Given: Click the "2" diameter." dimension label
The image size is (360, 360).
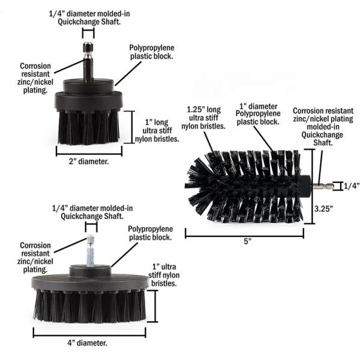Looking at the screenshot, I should pyautogui.click(x=89, y=161).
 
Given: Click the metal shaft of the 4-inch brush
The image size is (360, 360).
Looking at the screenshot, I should pyautogui.click(x=91, y=251).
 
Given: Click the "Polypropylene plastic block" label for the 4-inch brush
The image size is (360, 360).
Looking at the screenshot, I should pyautogui.click(x=150, y=233).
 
